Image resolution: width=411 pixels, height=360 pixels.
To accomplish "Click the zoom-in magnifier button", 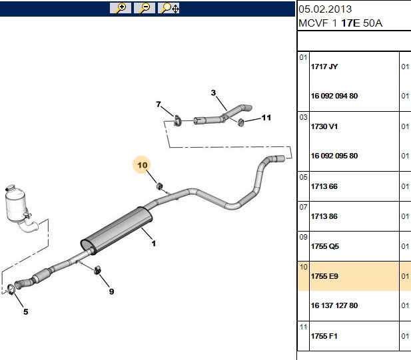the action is pyautogui.click(x=121, y=8).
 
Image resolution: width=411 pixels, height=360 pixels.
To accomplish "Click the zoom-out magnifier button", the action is pyautogui.click(x=145, y=8).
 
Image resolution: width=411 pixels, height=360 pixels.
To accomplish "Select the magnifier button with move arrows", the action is pyautogui.click(x=169, y=8).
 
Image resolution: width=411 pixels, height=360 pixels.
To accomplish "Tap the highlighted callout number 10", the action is pyautogui.click(x=143, y=165).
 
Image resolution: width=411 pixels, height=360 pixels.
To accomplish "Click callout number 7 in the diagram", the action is pyautogui.click(x=159, y=104).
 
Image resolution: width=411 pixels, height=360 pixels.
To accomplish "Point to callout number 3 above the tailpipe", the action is pyautogui.click(x=213, y=92).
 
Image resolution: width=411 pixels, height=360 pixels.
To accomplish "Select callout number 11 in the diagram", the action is pyautogui.click(x=266, y=118).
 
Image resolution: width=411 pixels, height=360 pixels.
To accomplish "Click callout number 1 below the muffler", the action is pyautogui.click(x=154, y=244).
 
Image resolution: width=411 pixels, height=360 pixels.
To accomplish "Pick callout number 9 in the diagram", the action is pyautogui.click(x=112, y=291).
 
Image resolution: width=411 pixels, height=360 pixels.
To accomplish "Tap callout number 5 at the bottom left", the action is pyautogui.click(x=26, y=312).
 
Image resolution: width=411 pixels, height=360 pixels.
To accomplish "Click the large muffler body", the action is pyautogui.click(x=117, y=231).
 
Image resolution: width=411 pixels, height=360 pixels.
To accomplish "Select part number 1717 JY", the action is pyautogui.click(x=324, y=67).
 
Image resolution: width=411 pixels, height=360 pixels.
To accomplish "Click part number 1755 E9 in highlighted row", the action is pyautogui.click(x=324, y=276).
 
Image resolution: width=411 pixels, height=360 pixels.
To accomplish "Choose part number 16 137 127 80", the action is pyautogui.click(x=334, y=305).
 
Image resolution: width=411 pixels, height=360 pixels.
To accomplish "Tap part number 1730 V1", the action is pyautogui.click(x=324, y=126).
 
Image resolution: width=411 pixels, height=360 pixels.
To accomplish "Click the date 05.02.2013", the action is pyautogui.click(x=325, y=9).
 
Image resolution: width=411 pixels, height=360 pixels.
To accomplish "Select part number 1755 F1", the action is pyautogui.click(x=324, y=336).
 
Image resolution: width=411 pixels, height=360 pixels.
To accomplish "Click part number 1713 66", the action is pyautogui.click(x=324, y=186).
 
